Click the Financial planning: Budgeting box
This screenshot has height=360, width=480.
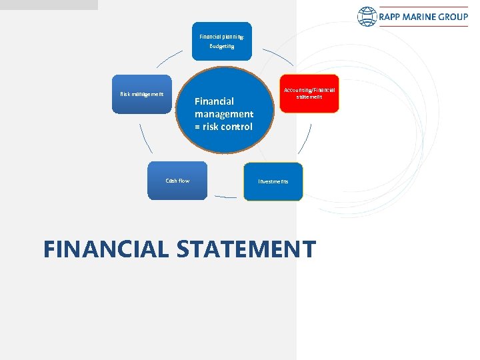point(222,41)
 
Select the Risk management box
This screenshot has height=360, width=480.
point(141,94)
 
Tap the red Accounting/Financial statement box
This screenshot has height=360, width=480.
point(309,93)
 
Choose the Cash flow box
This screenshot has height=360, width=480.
point(177,181)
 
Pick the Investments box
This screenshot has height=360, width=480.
point(273,181)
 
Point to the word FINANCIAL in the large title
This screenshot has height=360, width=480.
point(107,249)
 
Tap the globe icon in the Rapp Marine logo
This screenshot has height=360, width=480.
point(367,17)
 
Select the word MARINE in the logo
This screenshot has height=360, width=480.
point(421,17)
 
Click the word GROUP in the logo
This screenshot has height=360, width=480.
point(453,17)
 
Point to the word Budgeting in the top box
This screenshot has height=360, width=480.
point(222,47)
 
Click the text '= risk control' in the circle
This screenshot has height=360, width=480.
point(223,127)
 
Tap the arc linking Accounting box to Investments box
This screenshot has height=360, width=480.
point(305,141)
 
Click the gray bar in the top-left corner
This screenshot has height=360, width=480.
point(48,5)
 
